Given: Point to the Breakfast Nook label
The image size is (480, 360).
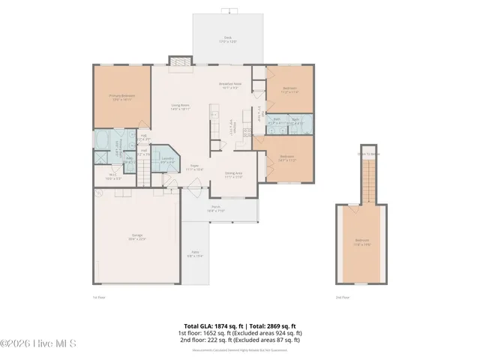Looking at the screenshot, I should (229, 85).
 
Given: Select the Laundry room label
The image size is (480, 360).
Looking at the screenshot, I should (168, 159).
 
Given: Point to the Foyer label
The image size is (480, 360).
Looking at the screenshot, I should (193, 167).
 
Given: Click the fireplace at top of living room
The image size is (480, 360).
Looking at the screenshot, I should (179, 64).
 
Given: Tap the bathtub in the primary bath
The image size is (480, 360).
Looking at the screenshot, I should (102, 141).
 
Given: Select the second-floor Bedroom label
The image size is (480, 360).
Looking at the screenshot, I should (362, 241).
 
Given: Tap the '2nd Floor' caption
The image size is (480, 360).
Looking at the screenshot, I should (343, 297).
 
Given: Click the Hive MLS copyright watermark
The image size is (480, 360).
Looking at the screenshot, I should (38, 344).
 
